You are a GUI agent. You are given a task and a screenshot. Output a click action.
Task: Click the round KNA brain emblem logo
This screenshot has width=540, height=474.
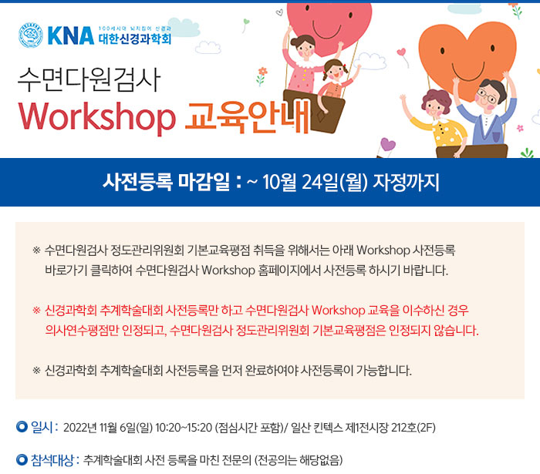coord(31,35)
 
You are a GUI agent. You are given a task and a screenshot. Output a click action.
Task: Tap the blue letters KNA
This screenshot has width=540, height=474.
coord(71,35)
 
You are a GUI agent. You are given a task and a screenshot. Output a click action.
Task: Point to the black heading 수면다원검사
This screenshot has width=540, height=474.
coord(89,80)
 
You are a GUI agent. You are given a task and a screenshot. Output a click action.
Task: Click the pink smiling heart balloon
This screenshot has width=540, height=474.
coord(329,27)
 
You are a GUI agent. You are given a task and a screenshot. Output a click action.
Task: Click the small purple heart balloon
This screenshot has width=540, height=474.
coord(388,144)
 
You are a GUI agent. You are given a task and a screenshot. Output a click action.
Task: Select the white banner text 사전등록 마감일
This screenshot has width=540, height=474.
coord(166,182)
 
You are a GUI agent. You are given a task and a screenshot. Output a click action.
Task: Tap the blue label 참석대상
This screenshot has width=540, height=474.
coord(52,460)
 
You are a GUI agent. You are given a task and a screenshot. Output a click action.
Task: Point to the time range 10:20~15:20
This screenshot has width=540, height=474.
coord(184,428)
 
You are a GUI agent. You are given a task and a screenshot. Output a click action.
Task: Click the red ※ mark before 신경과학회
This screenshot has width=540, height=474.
coord(36,311)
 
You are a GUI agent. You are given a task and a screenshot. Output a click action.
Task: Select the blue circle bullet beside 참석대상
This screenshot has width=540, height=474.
coord(22,460)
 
